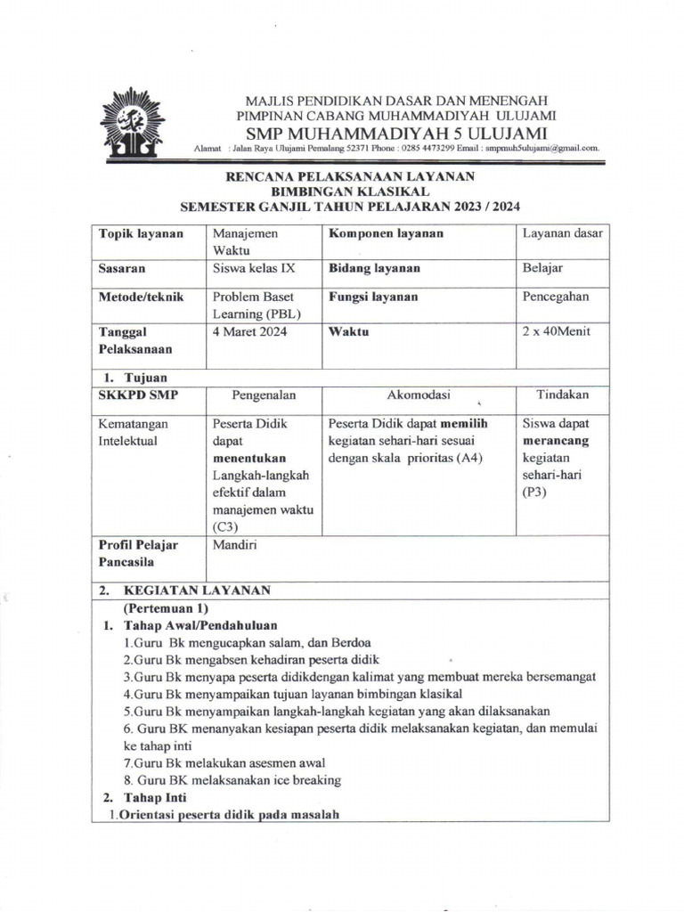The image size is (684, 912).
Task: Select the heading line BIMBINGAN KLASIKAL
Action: pos(349,191)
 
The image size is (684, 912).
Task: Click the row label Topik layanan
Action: pos(141,233)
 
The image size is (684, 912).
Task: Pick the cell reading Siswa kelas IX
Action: pos(252,268)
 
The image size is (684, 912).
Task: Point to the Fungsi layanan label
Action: pos(373,297)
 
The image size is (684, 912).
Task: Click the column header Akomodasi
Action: pos(419,394)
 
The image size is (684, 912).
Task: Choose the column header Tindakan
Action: pos(562,394)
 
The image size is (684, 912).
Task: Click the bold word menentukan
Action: pos(250,458)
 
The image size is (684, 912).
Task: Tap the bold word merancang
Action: pos(556,441)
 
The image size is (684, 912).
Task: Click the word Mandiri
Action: pos(234,545)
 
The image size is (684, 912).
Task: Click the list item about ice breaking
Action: pos(232,780)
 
